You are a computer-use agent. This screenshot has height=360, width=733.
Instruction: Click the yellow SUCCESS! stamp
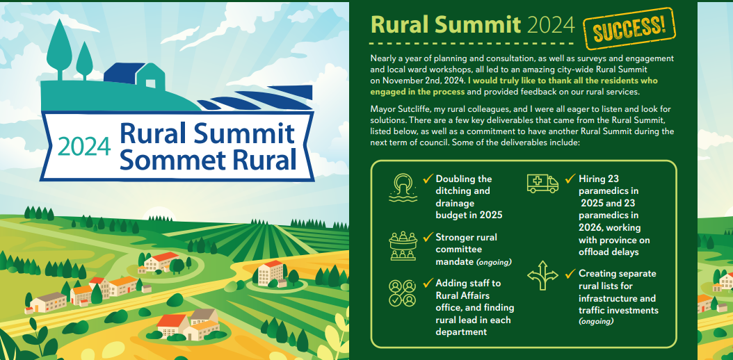pyautogui.click(x=629, y=28)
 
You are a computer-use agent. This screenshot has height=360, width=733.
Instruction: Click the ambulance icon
pyautogui.click(x=542, y=183)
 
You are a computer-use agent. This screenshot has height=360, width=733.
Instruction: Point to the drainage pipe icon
pyautogui.click(x=403, y=187)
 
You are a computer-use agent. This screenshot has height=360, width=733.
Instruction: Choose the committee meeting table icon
pyautogui.click(x=403, y=246)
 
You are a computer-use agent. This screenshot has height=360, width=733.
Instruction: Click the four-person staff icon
pyautogui.click(x=403, y=293)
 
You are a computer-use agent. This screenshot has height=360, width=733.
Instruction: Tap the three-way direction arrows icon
pyautogui.click(x=542, y=275)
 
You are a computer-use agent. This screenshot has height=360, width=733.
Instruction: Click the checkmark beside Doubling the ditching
pyautogui.click(x=428, y=179)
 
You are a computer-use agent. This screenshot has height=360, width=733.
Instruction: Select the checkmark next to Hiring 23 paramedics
pyautogui.click(x=570, y=179)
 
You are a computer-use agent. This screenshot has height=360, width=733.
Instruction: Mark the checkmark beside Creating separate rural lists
pyautogui.click(x=570, y=273)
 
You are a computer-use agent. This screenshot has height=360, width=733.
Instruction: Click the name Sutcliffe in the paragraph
pyautogui.click(x=417, y=109)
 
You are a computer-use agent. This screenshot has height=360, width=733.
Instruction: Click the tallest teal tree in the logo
pyautogui.click(x=59, y=49)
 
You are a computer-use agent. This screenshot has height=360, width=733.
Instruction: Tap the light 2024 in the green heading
pyautogui.click(x=550, y=24)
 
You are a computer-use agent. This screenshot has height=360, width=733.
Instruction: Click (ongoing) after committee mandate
pyautogui.click(x=494, y=263)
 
